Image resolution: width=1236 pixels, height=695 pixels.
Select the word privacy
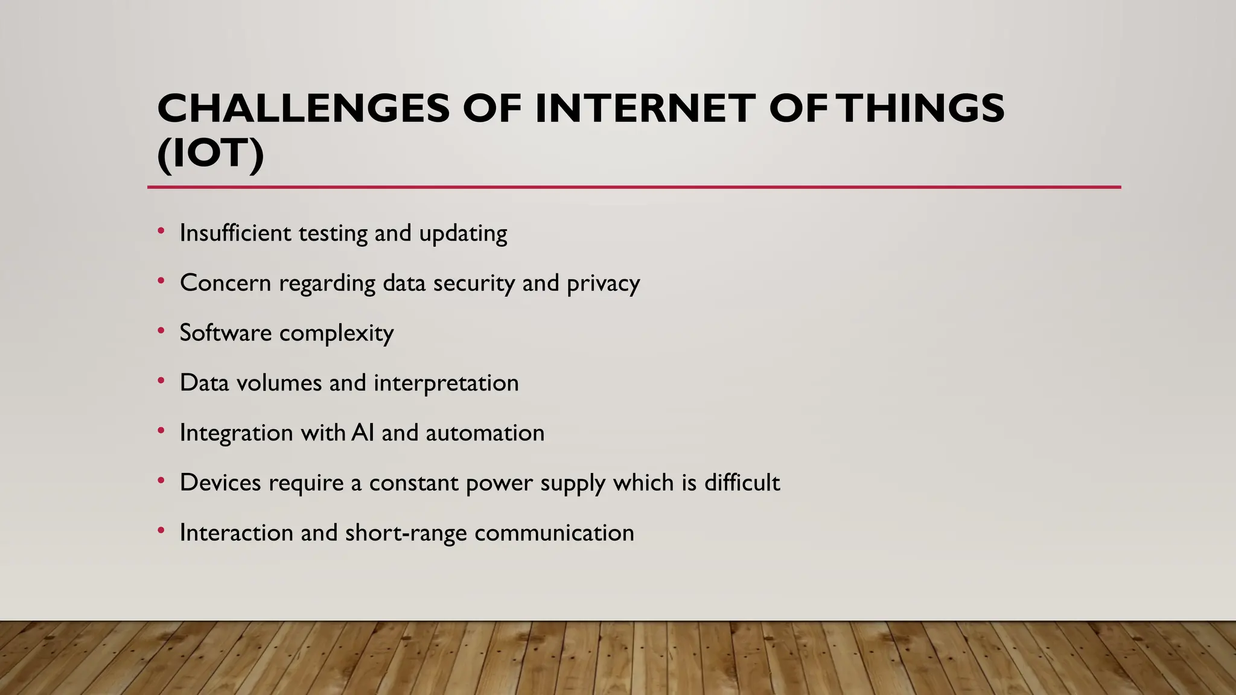pos(603,284)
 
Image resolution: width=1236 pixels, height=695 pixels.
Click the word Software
pos(225,332)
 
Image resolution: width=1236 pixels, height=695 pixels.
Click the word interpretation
pos(446,383)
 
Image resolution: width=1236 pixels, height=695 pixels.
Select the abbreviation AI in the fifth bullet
pos(363,433)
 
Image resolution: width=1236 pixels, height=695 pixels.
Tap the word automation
pos(485,433)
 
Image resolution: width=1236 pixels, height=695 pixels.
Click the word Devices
pos(220,483)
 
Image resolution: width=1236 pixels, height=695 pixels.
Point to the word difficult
pos(742,483)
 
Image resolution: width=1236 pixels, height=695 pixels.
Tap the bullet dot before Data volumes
pos(161,381)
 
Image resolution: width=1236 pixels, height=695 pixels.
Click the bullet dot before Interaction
pos(161,530)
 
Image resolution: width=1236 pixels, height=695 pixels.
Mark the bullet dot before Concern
pos(161,281)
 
